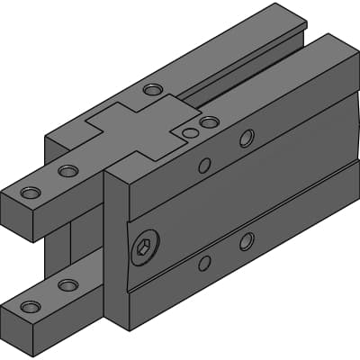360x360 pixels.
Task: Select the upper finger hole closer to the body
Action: pyautogui.click(x=68, y=170)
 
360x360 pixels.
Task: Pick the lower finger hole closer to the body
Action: pyautogui.click(x=67, y=285)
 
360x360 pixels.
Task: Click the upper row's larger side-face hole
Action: pyautogui.click(x=247, y=138)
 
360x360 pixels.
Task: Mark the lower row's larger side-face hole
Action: pyautogui.click(x=247, y=241)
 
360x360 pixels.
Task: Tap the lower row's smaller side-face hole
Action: pyautogui.click(x=205, y=263)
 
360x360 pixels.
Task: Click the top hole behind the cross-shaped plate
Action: pyautogui.click(x=152, y=90)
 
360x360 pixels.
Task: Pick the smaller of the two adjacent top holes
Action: pyautogui.click(x=189, y=133)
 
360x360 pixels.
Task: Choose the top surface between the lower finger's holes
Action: pyautogui.click(x=49, y=296)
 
